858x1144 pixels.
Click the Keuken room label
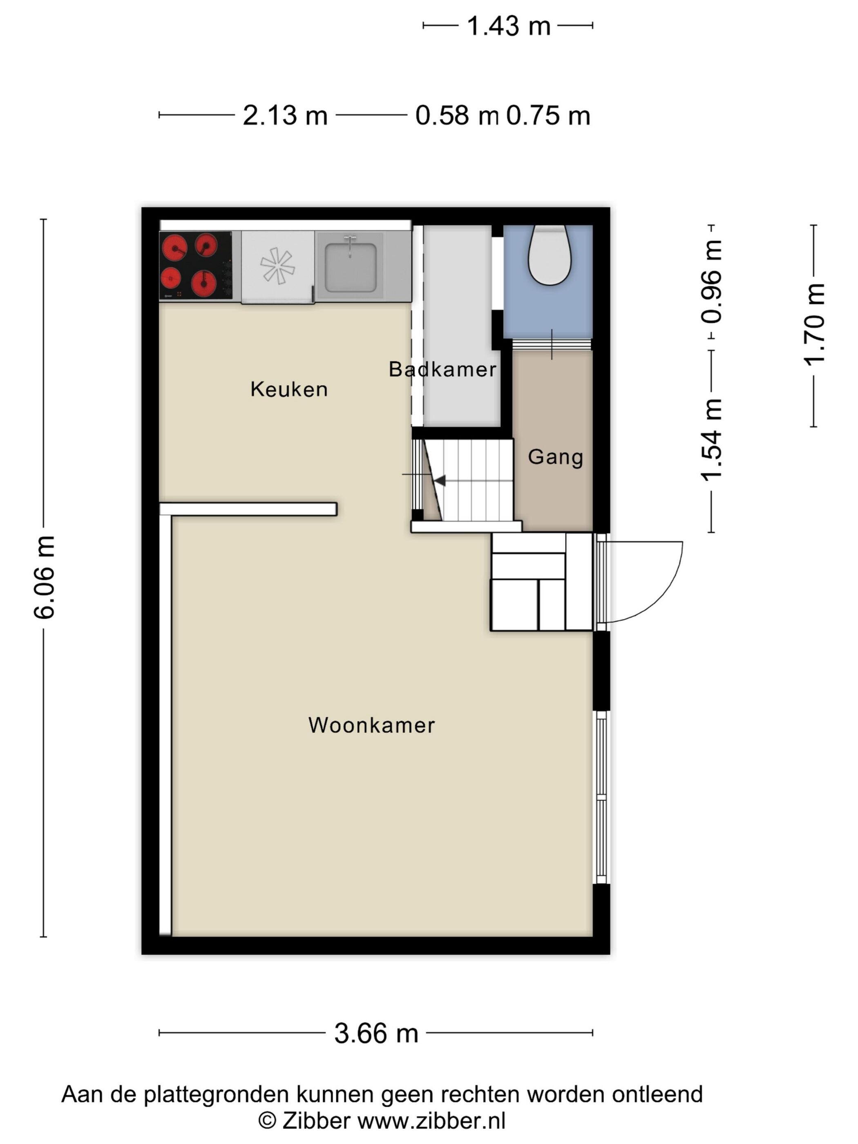click(x=289, y=389)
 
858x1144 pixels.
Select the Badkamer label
click(x=443, y=369)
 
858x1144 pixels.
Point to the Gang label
click(x=555, y=457)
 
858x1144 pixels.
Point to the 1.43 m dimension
click(x=508, y=25)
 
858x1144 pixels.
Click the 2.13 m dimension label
click(x=285, y=115)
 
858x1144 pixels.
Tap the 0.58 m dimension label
click(x=457, y=115)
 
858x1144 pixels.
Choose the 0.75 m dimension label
click(x=548, y=115)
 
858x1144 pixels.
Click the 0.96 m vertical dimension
click(x=712, y=282)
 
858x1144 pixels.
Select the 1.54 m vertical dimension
click(x=712, y=440)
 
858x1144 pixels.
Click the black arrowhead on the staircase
click(x=440, y=480)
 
